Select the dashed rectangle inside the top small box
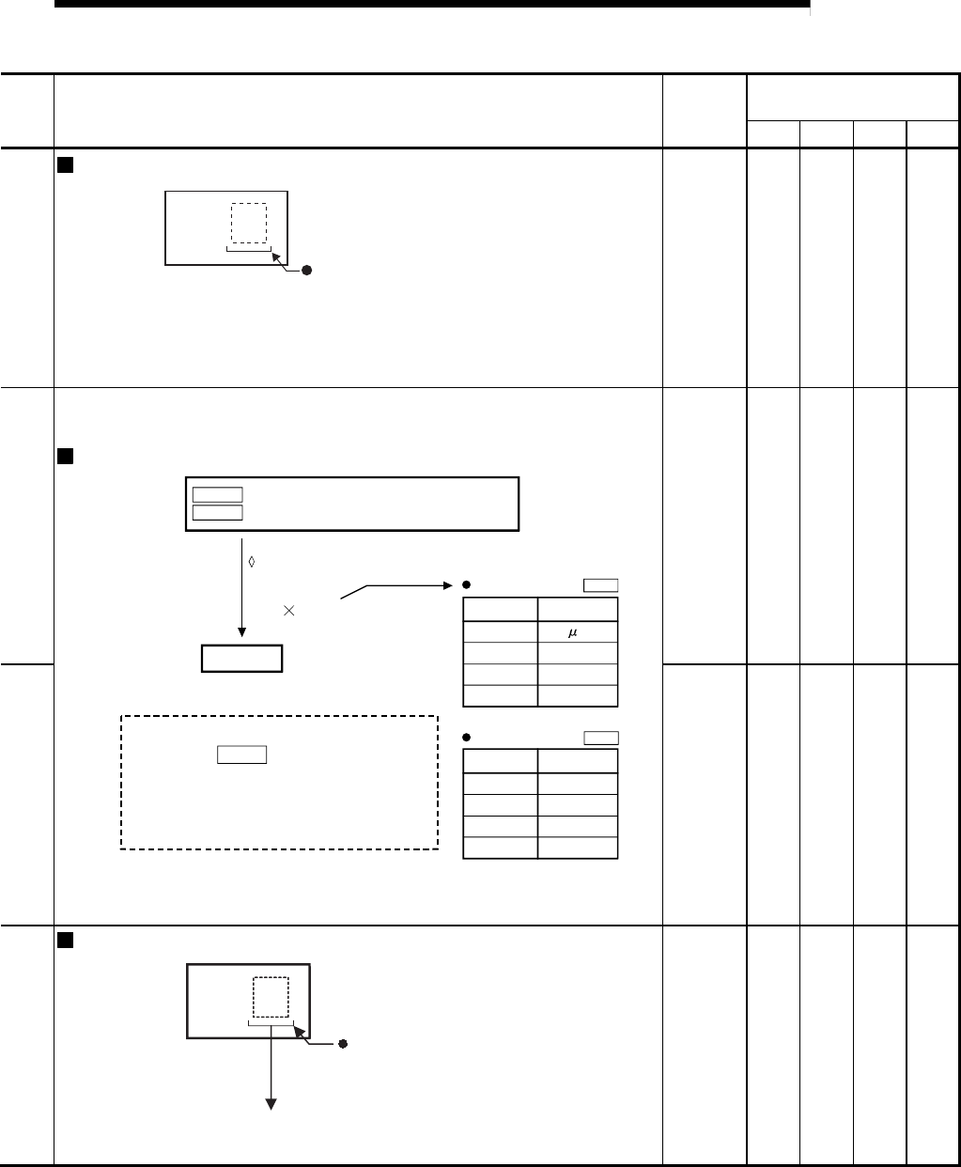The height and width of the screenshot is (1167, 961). point(249,223)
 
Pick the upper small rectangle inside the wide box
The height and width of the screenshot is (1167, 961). point(217,493)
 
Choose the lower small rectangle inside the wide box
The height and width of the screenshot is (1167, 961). point(217,512)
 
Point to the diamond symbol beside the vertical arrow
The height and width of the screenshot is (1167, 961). point(252,562)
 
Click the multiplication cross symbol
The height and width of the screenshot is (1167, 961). point(288,611)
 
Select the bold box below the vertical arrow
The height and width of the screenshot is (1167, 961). point(242,659)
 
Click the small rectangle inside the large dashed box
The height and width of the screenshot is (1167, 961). point(242,754)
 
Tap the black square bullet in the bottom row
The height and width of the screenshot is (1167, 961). point(64,940)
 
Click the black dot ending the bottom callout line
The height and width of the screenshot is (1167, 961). point(343,1043)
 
